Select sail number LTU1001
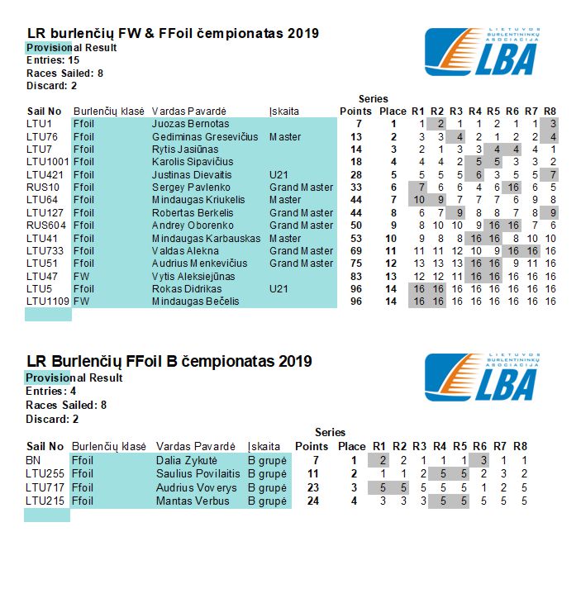45,162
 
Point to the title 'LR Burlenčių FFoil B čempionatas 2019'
169,361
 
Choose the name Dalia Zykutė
187,460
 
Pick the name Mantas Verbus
188,501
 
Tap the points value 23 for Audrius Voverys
312,487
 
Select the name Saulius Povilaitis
198,474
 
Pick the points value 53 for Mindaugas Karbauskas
356,239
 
